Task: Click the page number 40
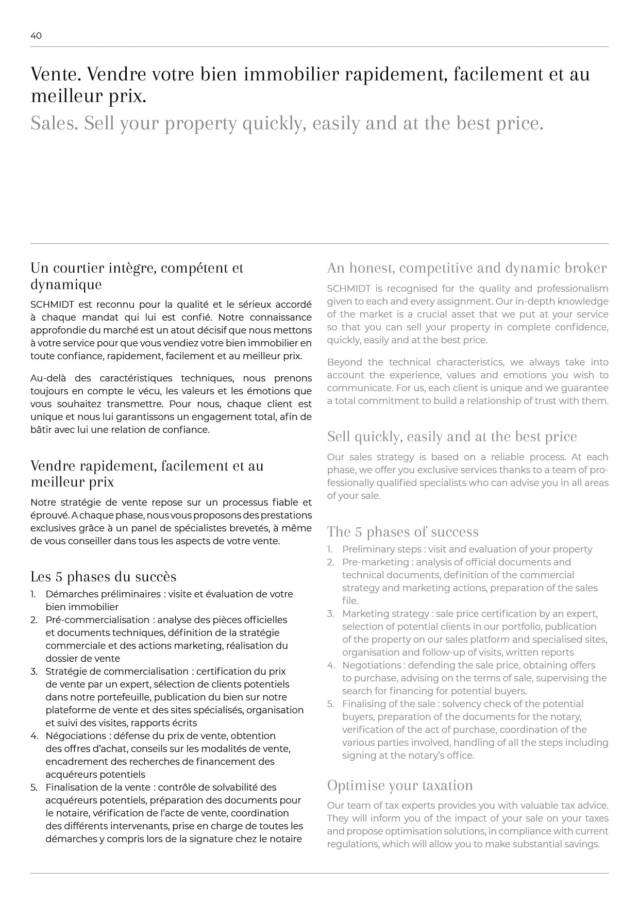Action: tap(36, 36)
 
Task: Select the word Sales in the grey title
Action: tap(53, 124)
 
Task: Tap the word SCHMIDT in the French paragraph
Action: tap(52, 305)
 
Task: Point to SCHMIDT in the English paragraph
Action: tap(349, 289)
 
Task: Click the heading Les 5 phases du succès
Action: tap(103, 577)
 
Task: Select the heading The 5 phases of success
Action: tap(402, 532)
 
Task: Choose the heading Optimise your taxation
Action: tap(400, 785)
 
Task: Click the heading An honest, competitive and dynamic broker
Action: tap(467, 268)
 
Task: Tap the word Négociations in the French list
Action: tap(75, 736)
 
